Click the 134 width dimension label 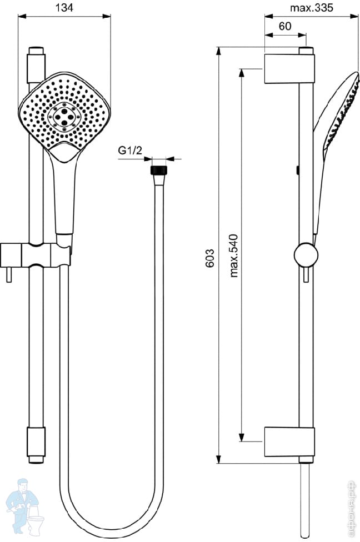point(64,7)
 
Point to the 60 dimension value point(285,26)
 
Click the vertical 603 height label point(210,259)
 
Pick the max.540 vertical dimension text point(234,255)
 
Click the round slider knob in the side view point(305,255)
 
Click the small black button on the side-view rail point(298,169)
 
